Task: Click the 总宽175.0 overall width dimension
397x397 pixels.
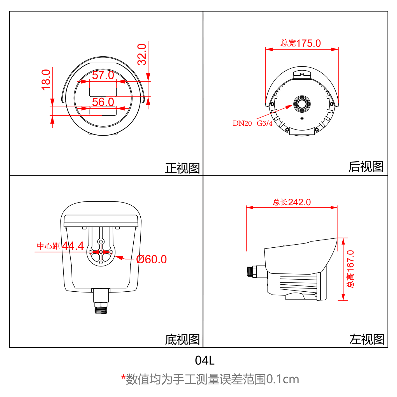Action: point(301,43)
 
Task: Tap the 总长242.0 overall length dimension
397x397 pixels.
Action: point(292,202)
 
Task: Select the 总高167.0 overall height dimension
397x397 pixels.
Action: point(350,269)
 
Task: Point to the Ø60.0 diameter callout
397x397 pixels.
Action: point(151,259)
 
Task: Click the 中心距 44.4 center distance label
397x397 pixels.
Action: point(61,246)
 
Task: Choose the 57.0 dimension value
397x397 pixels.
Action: point(103,75)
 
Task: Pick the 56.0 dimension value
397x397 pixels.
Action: point(103,102)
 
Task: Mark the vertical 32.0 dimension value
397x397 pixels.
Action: point(142,54)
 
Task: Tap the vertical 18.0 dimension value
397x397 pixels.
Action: point(46,80)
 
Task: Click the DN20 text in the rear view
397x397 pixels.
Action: point(242,123)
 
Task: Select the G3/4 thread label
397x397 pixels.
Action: point(264,123)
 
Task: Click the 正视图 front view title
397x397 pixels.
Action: point(182,168)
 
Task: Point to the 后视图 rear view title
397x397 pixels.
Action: point(366,167)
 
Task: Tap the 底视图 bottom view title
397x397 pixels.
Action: point(182,340)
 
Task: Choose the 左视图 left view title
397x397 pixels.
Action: point(366,340)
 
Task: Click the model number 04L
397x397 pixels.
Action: point(205,360)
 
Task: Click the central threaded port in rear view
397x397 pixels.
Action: point(302,104)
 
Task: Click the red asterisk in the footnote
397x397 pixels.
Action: point(123,377)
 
